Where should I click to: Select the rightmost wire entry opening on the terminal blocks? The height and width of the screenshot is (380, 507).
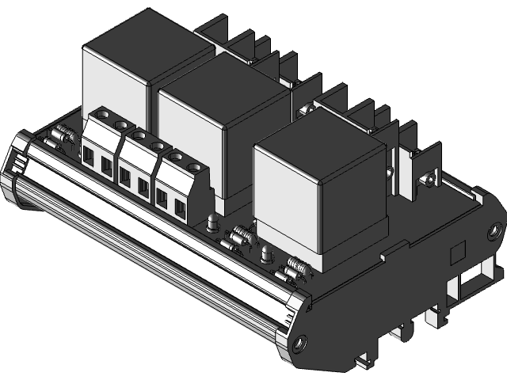(x=180, y=210)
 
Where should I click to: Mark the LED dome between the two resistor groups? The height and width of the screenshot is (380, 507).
(x=266, y=253)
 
